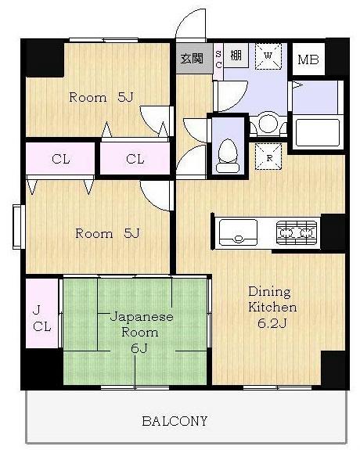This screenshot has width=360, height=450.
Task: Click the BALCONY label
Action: [175, 421]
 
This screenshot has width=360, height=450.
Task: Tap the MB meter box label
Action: [308, 59]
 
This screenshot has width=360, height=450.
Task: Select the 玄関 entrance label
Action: [192, 59]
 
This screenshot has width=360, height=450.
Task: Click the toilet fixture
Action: [228, 156]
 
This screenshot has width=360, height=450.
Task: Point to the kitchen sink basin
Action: [238, 232]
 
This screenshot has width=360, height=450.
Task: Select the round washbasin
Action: [268, 124]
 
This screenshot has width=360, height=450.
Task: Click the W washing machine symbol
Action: [268, 56]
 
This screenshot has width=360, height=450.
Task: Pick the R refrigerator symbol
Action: [268, 157]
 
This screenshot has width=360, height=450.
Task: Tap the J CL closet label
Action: [41, 319]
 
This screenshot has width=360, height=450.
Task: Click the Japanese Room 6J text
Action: [141, 333]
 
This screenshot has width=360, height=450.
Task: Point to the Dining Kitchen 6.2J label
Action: [272, 307]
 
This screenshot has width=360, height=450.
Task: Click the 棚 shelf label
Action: [236, 55]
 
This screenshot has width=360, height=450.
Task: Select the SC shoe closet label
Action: [218, 59]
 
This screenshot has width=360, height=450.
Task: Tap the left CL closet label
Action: [60, 159]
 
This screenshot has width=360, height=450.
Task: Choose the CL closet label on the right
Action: [135, 159]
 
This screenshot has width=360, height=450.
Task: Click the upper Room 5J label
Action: [101, 97]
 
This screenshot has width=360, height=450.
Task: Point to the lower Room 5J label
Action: [107, 233]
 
